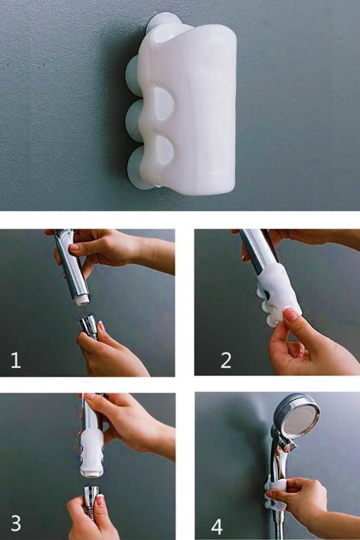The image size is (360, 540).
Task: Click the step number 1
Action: pyautogui.click(x=15, y=360)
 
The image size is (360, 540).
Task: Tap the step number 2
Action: pyautogui.click(x=226, y=360)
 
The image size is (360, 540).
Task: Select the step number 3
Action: pyautogui.click(x=16, y=524)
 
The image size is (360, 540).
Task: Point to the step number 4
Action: pyautogui.click(x=216, y=527)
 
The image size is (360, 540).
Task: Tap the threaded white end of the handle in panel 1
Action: pyautogui.click(x=82, y=302)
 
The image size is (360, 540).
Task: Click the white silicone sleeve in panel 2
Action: pyautogui.click(x=279, y=295)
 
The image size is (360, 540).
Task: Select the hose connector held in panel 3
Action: pyautogui.click(x=91, y=497)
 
